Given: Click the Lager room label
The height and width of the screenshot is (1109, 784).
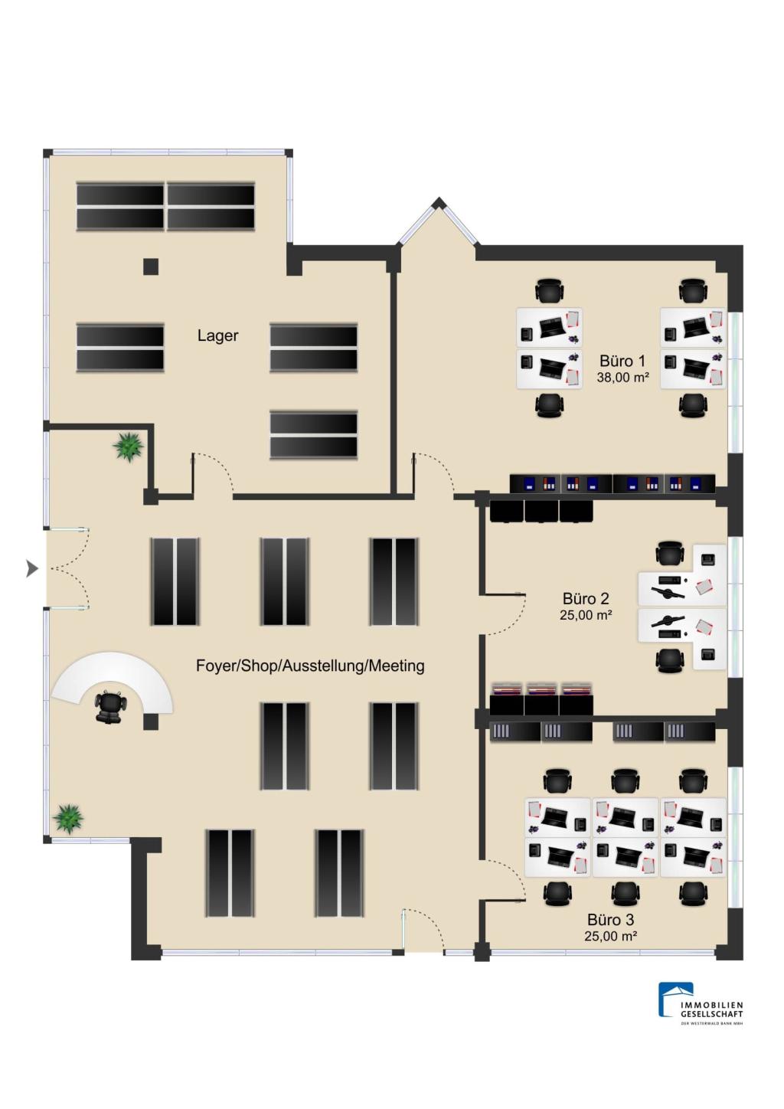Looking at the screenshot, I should click(218, 335).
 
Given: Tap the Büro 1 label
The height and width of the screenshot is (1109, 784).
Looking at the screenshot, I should click(622, 361).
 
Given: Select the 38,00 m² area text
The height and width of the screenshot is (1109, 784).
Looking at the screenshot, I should click(622, 377).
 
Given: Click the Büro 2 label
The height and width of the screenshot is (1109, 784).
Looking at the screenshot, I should click(586, 599).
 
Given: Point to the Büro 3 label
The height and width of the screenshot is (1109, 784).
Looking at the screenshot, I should click(610, 920).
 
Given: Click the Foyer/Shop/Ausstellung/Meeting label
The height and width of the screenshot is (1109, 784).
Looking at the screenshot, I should click(310, 666).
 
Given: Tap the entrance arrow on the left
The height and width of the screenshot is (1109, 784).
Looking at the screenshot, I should click(31, 568).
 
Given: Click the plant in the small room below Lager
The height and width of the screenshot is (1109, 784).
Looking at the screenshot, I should click(129, 447).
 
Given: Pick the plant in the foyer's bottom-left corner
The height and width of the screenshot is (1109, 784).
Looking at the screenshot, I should click(68, 818).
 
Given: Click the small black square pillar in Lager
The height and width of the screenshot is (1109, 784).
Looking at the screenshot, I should click(151, 267).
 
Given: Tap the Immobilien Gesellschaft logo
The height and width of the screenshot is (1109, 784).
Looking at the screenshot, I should click(700, 1003).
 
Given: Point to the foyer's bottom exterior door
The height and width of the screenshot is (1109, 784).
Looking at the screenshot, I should click(420, 930).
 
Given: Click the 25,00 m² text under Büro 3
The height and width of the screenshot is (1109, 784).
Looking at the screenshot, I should click(610, 936).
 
